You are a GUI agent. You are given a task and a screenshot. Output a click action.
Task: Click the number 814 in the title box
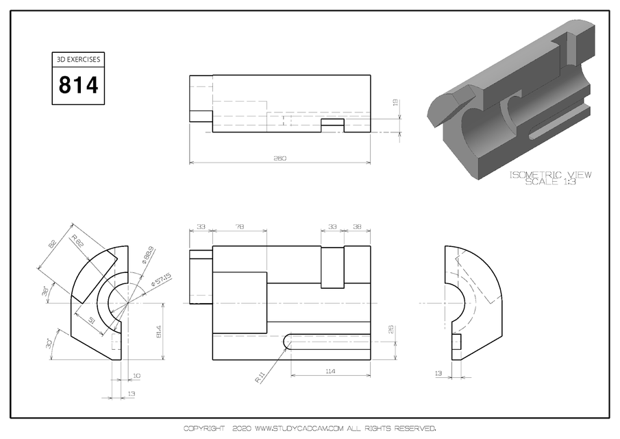coord(79,86)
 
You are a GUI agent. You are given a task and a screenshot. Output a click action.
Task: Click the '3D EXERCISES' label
coord(79,60)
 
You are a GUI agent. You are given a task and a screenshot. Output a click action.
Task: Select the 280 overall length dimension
coord(280,158)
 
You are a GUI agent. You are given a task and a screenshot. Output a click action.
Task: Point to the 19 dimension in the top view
coord(395,102)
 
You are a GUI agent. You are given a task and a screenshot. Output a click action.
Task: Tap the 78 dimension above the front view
coord(240,226)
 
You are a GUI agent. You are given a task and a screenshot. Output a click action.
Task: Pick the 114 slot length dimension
coord(330,371)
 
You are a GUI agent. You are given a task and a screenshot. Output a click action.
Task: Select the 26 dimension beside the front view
coord(391,329)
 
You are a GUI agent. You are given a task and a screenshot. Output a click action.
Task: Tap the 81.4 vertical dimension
coord(159,331)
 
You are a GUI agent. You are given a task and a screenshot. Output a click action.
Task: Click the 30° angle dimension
coord(50,342)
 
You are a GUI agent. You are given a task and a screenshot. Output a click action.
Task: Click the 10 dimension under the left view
coord(137,375)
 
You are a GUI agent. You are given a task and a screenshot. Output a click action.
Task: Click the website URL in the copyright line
coord(298,429)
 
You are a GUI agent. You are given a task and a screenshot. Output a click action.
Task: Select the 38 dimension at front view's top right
coord(357,226)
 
